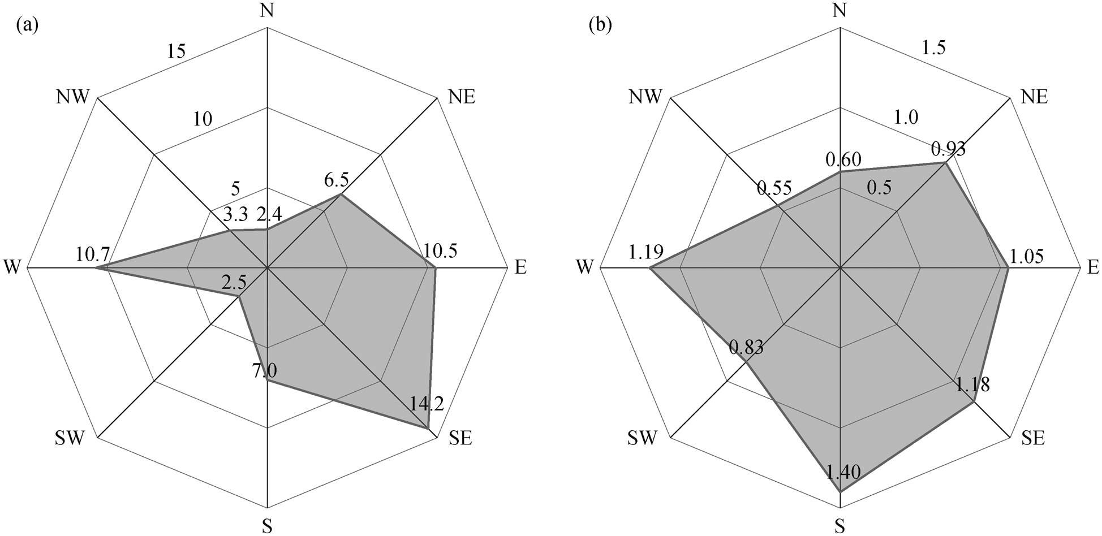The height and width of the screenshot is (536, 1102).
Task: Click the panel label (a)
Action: click(x=27, y=26)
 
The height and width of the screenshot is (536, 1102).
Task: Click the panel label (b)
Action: click(x=601, y=26)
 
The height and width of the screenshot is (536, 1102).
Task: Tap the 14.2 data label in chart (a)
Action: click(x=425, y=403)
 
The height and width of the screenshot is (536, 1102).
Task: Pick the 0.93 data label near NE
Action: click(x=948, y=149)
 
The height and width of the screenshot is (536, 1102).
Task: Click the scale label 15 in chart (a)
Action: click(x=177, y=51)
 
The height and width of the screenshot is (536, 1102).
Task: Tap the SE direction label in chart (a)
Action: click(x=460, y=438)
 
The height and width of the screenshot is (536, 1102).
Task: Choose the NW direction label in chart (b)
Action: click(x=645, y=97)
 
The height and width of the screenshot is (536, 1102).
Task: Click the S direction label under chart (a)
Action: click(x=267, y=526)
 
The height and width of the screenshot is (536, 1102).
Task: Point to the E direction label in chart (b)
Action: click(x=1093, y=267)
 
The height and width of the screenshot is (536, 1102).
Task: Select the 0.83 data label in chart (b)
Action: click(x=746, y=347)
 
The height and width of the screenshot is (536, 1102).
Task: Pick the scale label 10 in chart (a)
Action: click(x=202, y=119)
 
